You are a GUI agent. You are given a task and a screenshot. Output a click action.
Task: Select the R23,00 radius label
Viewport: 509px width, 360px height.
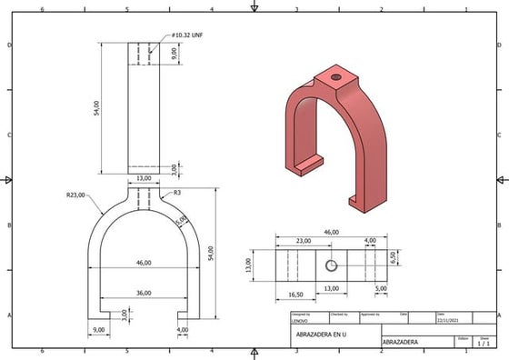pos(75,195)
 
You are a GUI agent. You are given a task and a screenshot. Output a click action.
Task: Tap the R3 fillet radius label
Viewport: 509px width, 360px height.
pos(177,194)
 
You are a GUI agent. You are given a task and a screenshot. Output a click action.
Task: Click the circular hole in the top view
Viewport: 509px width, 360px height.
pos(332,265)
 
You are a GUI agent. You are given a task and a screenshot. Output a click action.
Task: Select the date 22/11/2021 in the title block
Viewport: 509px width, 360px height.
pos(448,320)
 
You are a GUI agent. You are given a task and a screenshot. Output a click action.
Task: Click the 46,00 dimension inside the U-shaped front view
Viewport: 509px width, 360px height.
pos(144,262)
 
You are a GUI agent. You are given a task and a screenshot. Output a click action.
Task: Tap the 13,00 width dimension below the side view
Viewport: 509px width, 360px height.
pos(144,178)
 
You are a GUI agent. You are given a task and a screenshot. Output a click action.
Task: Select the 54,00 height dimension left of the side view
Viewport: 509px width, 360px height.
pos(96,108)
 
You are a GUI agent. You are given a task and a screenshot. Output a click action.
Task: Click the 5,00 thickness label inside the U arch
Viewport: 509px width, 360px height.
pos(180,220)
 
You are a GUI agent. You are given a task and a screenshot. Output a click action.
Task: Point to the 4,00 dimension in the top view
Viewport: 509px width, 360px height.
pos(370,241)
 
